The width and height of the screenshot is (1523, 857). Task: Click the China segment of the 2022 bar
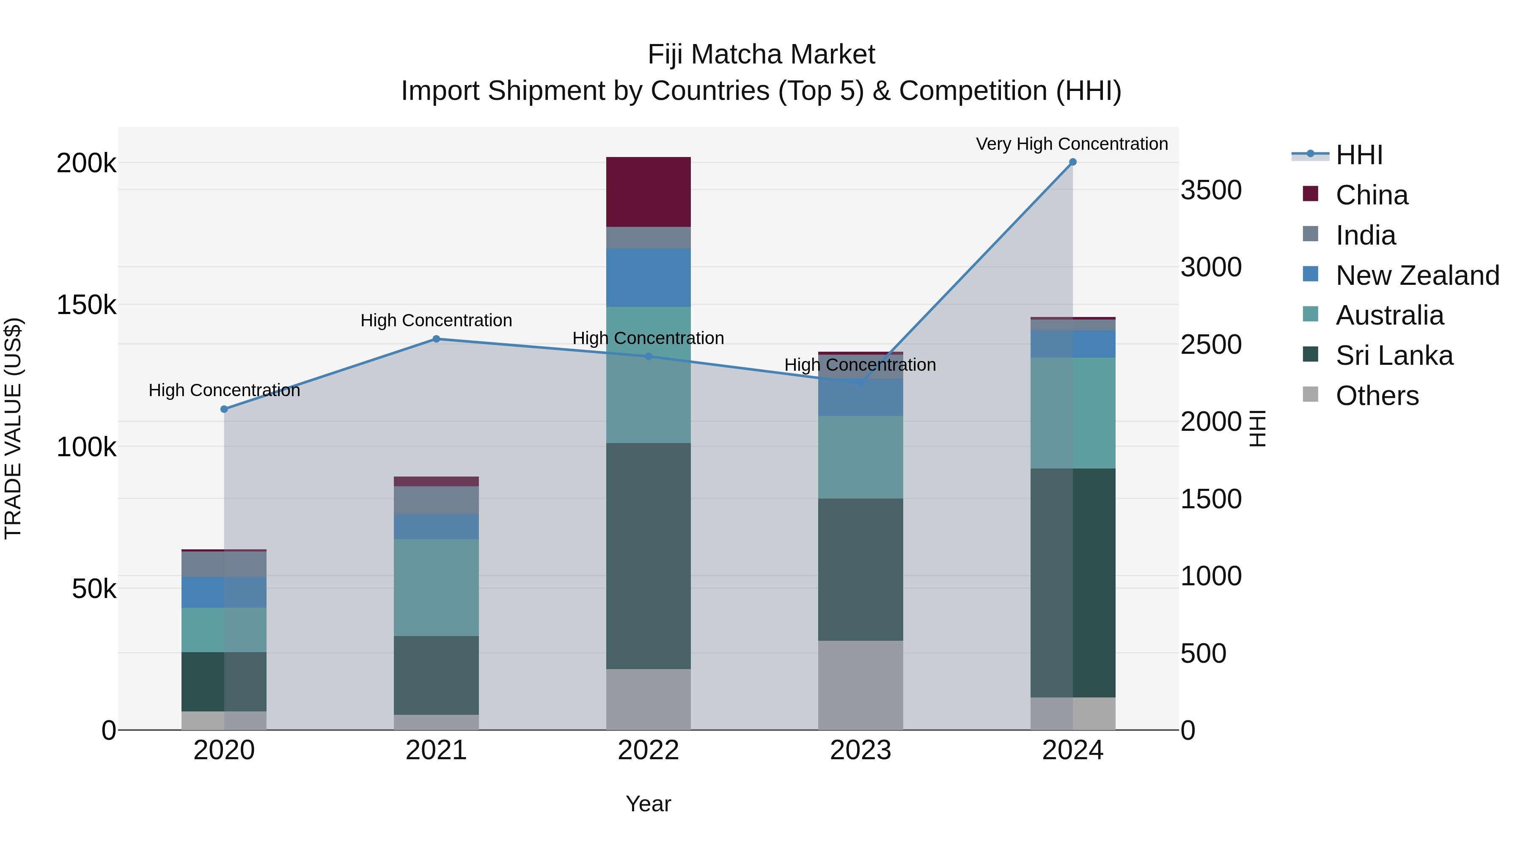tap(648, 192)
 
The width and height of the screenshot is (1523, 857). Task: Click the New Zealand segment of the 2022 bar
tap(648, 277)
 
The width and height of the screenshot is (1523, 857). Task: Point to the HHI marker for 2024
tap(1072, 162)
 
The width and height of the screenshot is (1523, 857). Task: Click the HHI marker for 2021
tap(436, 339)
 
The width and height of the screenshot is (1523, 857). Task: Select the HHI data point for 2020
tap(224, 409)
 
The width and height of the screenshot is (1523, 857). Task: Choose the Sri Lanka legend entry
tap(1394, 355)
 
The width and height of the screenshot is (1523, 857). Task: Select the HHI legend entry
tap(1358, 155)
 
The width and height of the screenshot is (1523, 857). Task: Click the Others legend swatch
tap(1310, 394)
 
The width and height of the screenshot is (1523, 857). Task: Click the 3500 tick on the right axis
tap(1211, 190)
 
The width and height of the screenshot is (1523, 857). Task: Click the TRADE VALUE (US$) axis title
tap(13, 428)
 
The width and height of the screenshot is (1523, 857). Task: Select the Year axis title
tap(648, 804)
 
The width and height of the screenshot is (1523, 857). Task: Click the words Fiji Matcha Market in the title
tap(761, 55)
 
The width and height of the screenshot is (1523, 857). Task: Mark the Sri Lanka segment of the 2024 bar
tap(1072, 583)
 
